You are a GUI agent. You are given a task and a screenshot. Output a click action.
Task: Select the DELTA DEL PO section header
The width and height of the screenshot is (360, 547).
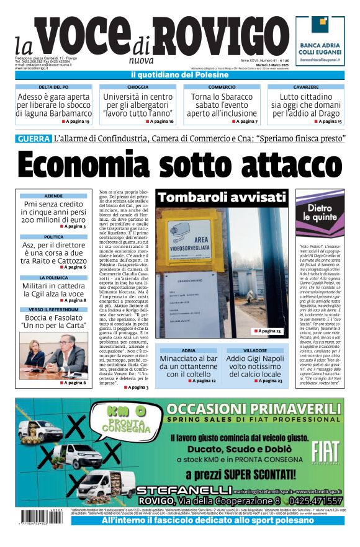[x=53, y=87]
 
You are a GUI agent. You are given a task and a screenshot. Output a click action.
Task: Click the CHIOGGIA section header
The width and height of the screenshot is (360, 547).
[x=138, y=87]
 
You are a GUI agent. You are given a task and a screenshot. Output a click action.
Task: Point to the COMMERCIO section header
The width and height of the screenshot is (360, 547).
[x=222, y=87]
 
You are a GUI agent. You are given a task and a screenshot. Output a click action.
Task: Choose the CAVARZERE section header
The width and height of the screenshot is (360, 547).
[x=306, y=87]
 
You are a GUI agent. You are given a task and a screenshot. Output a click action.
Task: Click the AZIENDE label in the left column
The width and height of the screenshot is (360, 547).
[x=53, y=196]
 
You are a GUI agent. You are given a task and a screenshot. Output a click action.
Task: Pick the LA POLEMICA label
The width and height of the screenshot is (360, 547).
[x=53, y=278]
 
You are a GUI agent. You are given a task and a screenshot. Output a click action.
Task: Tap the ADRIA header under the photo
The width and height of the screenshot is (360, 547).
[x=188, y=350]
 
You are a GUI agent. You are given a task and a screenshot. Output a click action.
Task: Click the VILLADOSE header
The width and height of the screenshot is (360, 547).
[x=254, y=350]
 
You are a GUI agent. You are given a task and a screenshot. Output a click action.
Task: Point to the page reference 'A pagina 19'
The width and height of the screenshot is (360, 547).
[x=76, y=122]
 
